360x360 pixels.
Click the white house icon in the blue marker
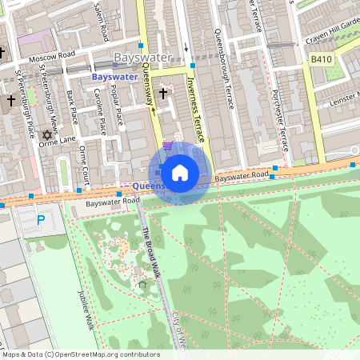point(180,173)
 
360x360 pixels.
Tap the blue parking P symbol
point(41,219)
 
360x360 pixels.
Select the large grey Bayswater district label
point(142,58)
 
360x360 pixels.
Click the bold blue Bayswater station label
point(115,77)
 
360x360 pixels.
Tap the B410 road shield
point(321,59)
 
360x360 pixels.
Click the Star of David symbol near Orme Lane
point(46,134)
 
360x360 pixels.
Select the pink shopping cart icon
point(167,146)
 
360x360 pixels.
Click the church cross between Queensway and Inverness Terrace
point(163,94)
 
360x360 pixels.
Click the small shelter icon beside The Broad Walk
point(142,284)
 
